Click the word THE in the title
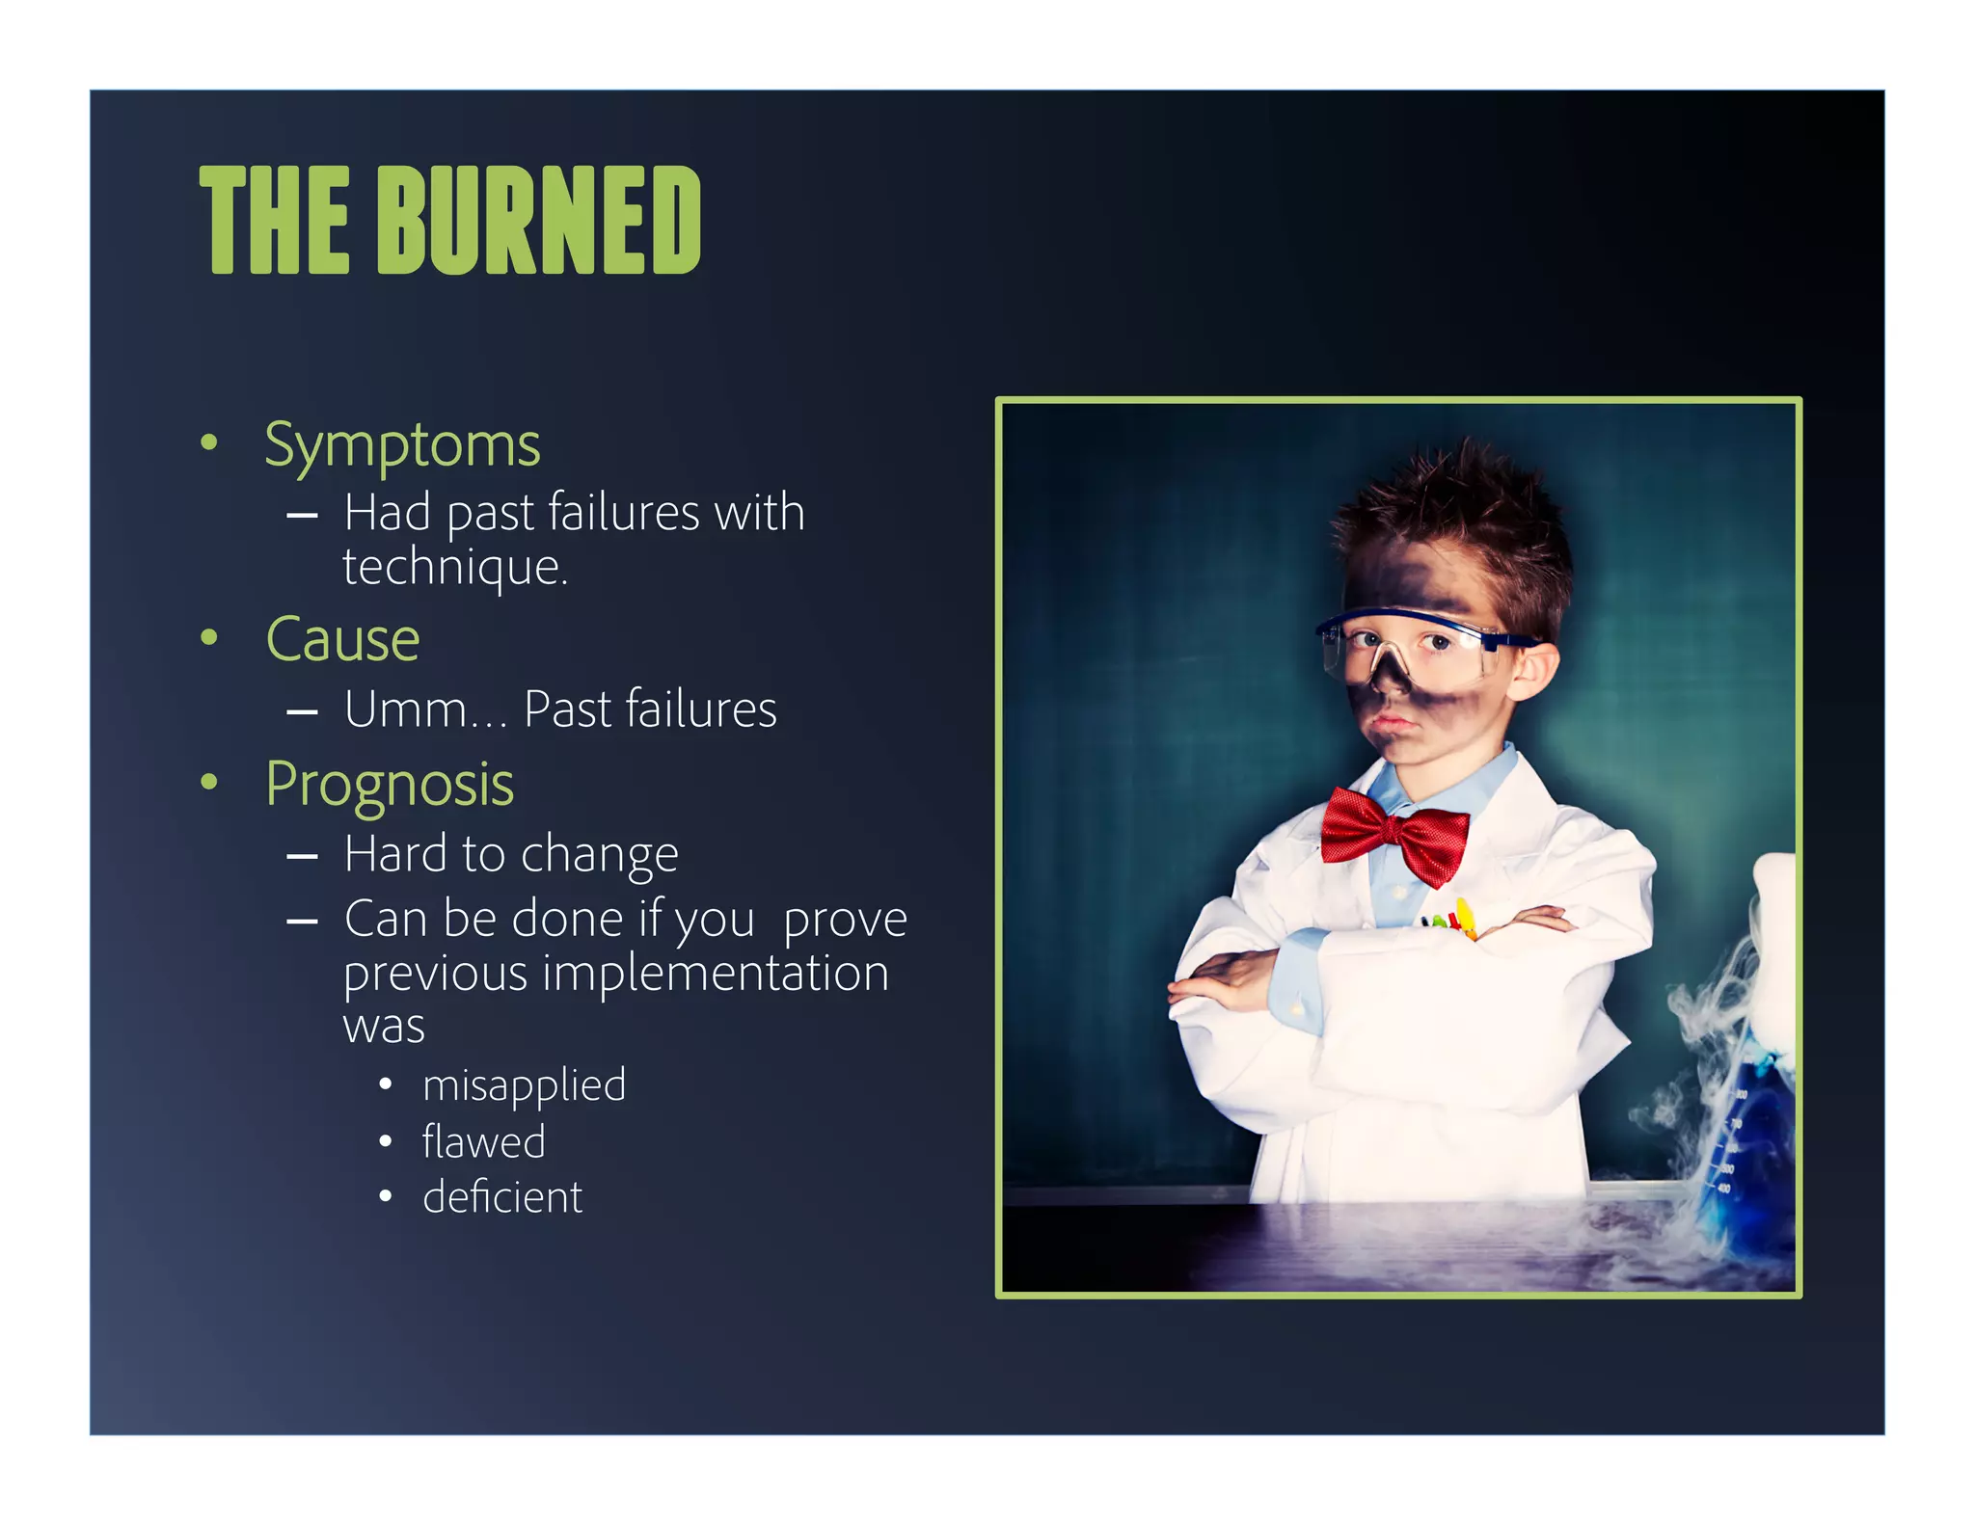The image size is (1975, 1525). pyautogui.click(x=274, y=220)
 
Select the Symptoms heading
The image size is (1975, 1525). pyautogui.click(x=402, y=446)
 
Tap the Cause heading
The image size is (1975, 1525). pyautogui.click(x=342, y=639)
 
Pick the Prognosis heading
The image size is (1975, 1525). pyautogui.click(x=390, y=785)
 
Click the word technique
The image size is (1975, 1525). pyautogui.click(x=454, y=567)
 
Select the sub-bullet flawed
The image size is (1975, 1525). pyautogui.click(x=483, y=1142)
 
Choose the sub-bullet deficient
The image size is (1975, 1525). pyautogui.click(x=502, y=1198)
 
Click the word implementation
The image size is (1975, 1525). pyautogui.click(x=716, y=973)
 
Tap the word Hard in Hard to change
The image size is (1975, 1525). pyautogui.click(x=395, y=854)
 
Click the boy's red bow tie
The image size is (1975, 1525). pyautogui.click(x=1394, y=832)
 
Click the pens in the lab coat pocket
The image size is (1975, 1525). pyautogui.click(x=1451, y=920)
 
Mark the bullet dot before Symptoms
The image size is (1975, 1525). pyautogui.click(x=209, y=443)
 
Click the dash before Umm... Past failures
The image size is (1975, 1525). pyautogui.click(x=302, y=712)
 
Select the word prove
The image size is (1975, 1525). pyautogui.click(x=845, y=920)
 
